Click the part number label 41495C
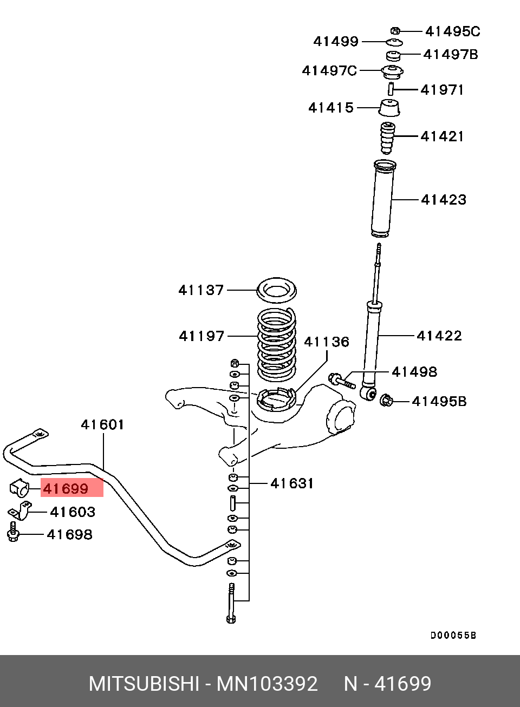click(x=452, y=31)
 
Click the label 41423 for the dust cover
click(x=443, y=200)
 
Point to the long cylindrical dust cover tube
click(x=383, y=199)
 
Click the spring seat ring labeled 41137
click(x=276, y=290)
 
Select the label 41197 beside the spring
click(x=201, y=336)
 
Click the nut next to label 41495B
click(x=386, y=401)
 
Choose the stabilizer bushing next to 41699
click(x=19, y=488)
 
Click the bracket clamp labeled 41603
click(x=20, y=510)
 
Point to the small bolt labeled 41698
click(x=12, y=532)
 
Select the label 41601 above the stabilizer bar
click(x=102, y=425)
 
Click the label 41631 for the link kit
click(x=292, y=483)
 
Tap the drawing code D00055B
click(x=453, y=636)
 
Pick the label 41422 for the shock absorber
click(x=439, y=336)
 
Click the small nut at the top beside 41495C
click(x=395, y=31)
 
